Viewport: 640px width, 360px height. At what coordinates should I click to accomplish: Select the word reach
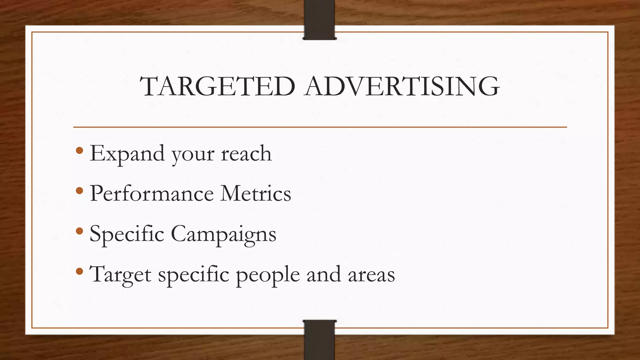[246, 154]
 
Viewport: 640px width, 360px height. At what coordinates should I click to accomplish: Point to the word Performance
[152, 193]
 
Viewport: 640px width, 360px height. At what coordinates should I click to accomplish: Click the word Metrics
[256, 193]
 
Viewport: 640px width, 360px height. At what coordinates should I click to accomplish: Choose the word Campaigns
[223, 234]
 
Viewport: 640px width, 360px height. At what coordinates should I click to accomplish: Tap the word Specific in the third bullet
[127, 234]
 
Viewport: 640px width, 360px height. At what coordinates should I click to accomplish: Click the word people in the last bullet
[268, 275]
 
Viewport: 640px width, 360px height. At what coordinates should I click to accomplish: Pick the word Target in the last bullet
[121, 275]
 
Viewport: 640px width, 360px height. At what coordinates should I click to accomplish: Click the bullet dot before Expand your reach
[79, 151]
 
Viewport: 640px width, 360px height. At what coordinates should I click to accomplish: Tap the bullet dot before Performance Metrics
[79, 191]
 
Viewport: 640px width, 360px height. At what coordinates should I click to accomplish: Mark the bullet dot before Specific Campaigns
[79, 231]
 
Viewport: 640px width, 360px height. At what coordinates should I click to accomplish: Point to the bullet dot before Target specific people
[79, 271]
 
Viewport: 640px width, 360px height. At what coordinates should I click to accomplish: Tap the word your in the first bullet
[193, 155]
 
